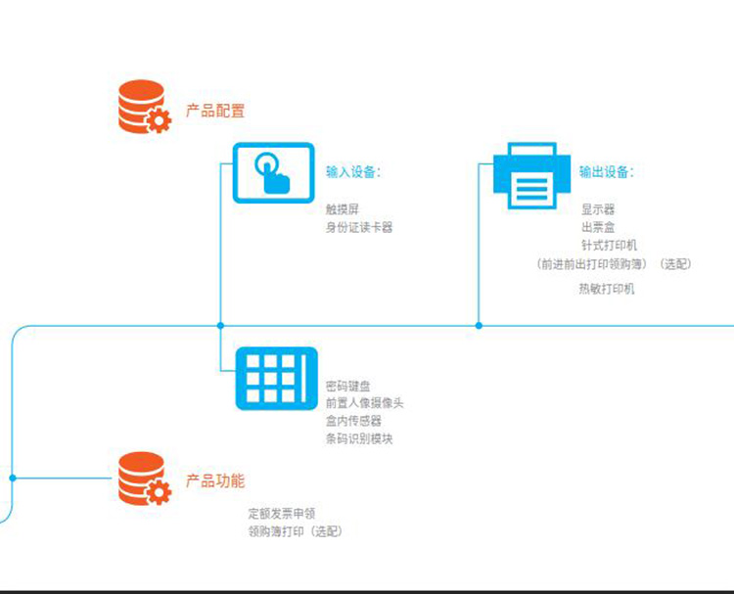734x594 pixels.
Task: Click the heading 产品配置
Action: pyautogui.click(x=215, y=112)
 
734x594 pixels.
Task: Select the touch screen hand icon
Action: pyautogui.click(x=272, y=172)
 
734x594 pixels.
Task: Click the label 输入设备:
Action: pyautogui.click(x=353, y=172)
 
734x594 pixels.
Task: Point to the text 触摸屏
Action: pyautogui.click(x=343, y=209)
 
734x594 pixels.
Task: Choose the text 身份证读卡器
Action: pyautogui.click(x=359, y=228)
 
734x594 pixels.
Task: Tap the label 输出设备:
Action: pyautogui.click(x=606, y=172)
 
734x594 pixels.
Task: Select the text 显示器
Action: pyautogui.click(x=598, y=209)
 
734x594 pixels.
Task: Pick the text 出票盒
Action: pyautogui.click(x=598, y=227)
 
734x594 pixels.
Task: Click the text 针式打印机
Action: pyautogui.click(x=609, y=246)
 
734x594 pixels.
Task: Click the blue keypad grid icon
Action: pyautogui.click(x=271, y=378)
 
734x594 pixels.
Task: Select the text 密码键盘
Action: pyautogui.click(x=348, y=387)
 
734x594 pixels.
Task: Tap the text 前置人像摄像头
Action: pyautogui.click(x=365, y=403)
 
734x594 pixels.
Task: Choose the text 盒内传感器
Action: pyautogui.click(x=354, y=421)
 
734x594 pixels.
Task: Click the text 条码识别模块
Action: pyautogui.click(x=360, y=438)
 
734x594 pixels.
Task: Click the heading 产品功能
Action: pyautogui.click(x=215, y=481)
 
